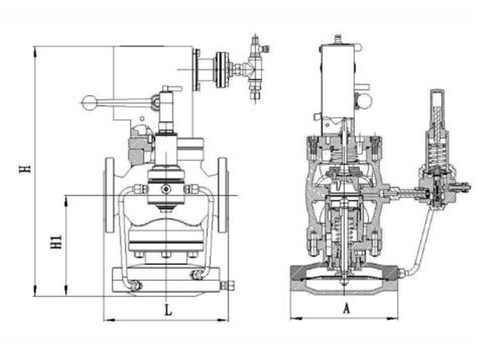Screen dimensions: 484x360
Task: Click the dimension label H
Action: click(25, 168)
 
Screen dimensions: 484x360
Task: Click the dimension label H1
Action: click(56, 242)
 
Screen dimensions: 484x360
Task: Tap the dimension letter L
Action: click(168, 310)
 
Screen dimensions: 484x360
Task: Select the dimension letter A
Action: click(346, 308)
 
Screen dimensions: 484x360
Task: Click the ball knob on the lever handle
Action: click(90, 103)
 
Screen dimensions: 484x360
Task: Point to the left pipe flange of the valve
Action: click(110, 195)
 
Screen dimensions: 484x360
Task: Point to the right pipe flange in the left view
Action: click(223, 195)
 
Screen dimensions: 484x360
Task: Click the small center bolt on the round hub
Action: click(167, 189)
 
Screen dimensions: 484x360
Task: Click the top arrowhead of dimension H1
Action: click(66, 201)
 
